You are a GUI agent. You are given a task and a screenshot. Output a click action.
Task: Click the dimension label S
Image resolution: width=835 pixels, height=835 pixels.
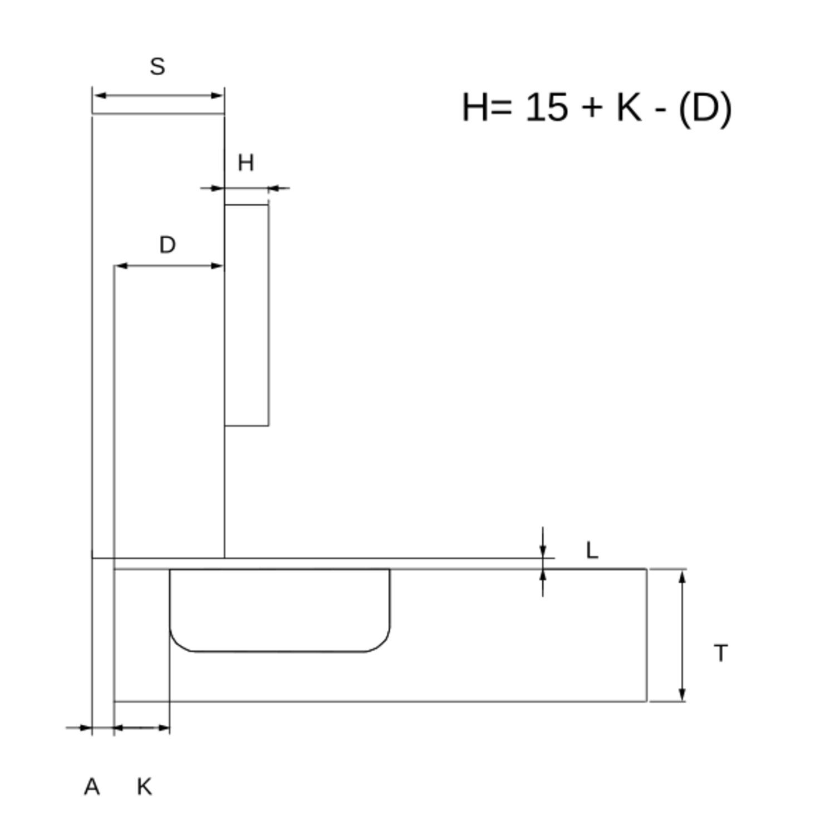[x=158, y=67]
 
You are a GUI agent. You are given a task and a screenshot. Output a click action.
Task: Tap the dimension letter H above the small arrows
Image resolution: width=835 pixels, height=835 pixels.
[x=245, y=163]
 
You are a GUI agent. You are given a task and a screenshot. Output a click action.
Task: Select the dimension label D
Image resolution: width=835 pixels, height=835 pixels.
[x=168, y=245]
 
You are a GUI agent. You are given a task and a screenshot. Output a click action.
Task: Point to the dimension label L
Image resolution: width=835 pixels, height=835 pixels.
[x=592, y=551]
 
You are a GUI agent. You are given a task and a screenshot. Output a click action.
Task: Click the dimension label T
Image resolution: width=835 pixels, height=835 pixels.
[x=720, y=653]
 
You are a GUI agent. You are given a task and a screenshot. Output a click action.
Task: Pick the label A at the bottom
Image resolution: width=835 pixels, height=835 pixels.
[x=92, y=787]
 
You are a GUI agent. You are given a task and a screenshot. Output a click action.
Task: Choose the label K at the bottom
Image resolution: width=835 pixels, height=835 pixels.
[x=144, y=787]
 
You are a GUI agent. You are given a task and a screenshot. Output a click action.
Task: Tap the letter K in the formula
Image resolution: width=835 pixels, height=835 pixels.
[x=628, y=107]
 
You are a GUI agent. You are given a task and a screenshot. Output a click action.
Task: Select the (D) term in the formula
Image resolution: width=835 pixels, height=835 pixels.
[x=705, y=108]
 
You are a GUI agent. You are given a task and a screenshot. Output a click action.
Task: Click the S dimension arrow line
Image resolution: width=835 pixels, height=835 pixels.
[x=158, y=96]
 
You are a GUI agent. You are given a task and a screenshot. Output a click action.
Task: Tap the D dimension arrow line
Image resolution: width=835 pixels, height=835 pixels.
[x=169, y=266]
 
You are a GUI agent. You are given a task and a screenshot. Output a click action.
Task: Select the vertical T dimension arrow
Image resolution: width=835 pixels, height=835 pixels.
[x=682, y=635]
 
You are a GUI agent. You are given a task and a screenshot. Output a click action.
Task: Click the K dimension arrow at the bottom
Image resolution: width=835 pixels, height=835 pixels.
[x=141, y=727]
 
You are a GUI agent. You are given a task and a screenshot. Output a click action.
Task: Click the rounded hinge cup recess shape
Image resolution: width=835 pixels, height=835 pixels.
[x=279, y=610]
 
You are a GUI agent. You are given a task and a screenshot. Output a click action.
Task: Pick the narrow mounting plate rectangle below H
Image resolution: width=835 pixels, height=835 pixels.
[x=247, y=315]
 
